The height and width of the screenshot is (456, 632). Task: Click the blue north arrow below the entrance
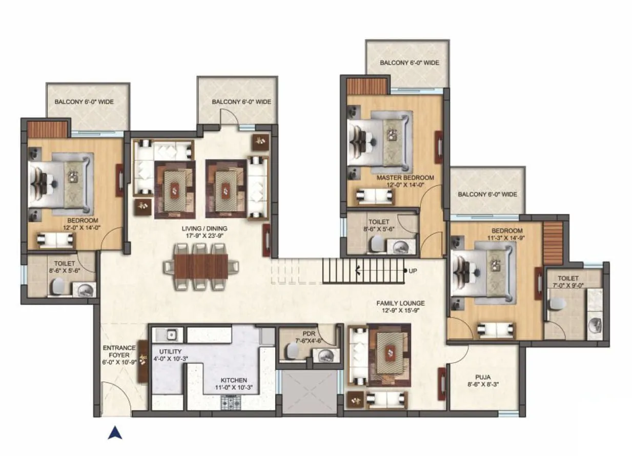(x=115, y=433)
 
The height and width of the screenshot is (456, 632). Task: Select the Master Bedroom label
(x=405, y=178)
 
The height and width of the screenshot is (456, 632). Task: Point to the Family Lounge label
(x=400, y=303)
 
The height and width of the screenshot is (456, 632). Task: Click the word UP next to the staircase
(x=413, y=271)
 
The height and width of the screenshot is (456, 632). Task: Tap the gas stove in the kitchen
(x=231, y=403)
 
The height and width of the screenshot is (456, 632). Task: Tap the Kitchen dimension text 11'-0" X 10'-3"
(x=231, y=388)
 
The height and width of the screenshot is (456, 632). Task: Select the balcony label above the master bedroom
(x=410, y=63)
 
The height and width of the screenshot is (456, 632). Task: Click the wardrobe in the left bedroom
(x=48, y=129)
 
